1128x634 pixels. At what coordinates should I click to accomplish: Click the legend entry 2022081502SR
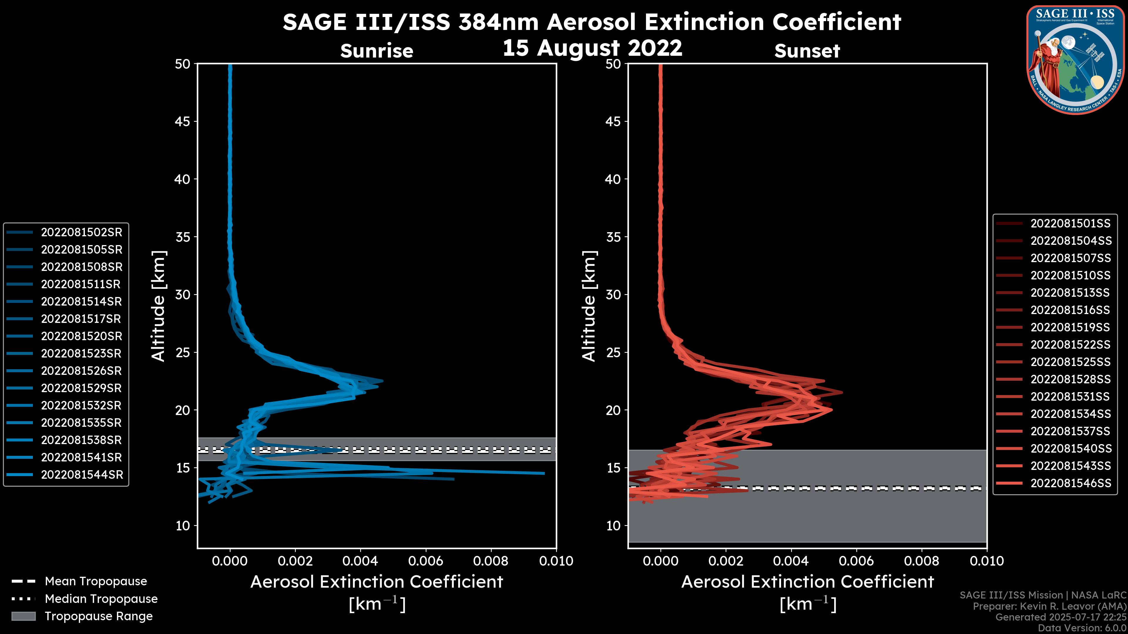(81, 232)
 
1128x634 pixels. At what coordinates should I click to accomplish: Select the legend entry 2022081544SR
(82, 475)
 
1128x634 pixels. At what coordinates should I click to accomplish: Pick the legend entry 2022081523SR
(81, 353)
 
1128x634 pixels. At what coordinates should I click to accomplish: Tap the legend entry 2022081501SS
(1070, 224)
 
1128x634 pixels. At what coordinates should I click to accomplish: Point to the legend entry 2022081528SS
(1070, 379)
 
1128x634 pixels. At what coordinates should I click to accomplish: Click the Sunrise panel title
(377, 51)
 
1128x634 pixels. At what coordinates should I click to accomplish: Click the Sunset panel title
(807, 51)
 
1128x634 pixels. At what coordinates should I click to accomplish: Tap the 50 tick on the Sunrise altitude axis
(183, 64)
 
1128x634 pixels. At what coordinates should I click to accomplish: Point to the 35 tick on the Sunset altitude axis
(613, 237)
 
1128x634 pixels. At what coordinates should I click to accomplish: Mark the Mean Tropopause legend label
(96, 581)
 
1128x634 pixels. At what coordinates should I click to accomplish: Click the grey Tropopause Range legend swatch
(23, 616)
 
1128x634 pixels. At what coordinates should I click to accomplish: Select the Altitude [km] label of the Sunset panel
(589, 306)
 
